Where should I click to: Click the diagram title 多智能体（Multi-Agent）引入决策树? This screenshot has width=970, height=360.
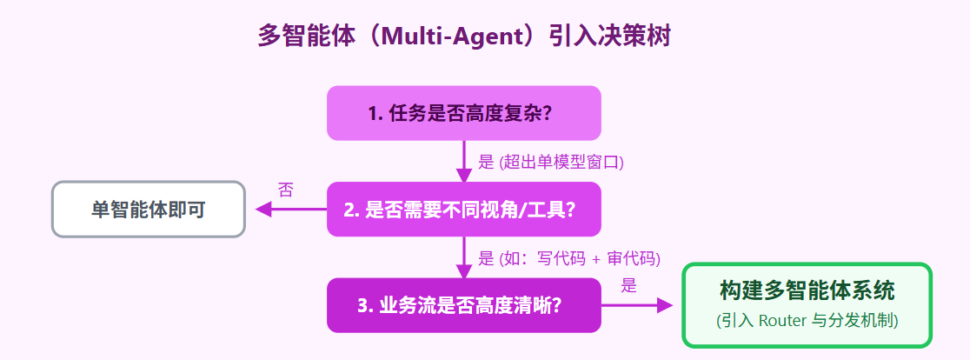464,37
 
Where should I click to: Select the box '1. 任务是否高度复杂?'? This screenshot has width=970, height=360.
463,113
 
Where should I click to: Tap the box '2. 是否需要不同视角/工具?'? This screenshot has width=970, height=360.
463,210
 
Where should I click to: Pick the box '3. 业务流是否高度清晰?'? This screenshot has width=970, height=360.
463,305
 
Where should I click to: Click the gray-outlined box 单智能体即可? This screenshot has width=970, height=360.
149,210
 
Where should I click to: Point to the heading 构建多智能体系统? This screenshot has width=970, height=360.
807,290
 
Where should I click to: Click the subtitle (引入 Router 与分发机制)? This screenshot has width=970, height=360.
807,320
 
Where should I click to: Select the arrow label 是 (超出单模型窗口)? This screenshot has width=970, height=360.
551,162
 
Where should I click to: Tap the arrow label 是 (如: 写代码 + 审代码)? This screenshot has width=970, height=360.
569,257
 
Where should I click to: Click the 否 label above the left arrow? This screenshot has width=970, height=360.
285,190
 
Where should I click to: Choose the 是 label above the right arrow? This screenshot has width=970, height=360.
629,284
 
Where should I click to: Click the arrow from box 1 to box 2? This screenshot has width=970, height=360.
463,162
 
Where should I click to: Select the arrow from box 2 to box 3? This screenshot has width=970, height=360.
463,257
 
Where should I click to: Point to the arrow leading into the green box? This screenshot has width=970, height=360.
639,305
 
